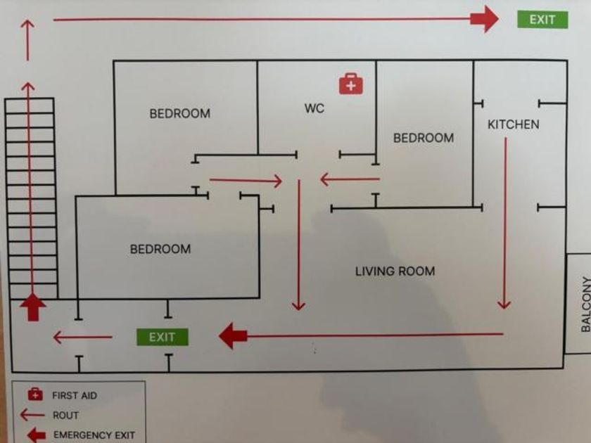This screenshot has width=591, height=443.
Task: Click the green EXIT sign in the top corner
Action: click(542, 20)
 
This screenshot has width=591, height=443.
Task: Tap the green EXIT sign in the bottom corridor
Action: click(162, 337)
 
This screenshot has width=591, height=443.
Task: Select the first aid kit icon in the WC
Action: click(351, 84)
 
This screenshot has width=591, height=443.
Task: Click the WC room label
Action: click(314, 108)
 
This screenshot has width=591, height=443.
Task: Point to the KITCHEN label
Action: click(514, 124)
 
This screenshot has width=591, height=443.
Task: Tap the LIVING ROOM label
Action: click(395, 271)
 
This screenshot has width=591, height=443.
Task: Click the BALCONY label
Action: click(585, 304)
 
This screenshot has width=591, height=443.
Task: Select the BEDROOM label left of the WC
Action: click(180, 113)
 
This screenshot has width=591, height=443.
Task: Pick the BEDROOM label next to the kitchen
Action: click(424, 138)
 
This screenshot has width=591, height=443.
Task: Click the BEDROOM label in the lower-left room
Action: click(160, 249)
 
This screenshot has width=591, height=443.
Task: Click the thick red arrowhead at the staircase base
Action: click(33, 307)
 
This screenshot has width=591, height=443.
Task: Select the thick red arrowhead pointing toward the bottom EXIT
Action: click(233, 335)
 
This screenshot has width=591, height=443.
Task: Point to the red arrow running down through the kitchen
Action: click(504, 223)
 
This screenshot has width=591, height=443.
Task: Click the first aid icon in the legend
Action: click(35, 394)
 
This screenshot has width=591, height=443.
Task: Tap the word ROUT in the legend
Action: click(65, 415)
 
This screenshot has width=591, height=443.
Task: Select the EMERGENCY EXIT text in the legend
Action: click(94, 435)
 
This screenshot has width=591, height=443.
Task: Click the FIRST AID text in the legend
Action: click(75, 395)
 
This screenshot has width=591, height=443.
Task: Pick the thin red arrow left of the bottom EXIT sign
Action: click(82, 337)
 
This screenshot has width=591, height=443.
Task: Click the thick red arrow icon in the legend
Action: click(37, 435)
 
